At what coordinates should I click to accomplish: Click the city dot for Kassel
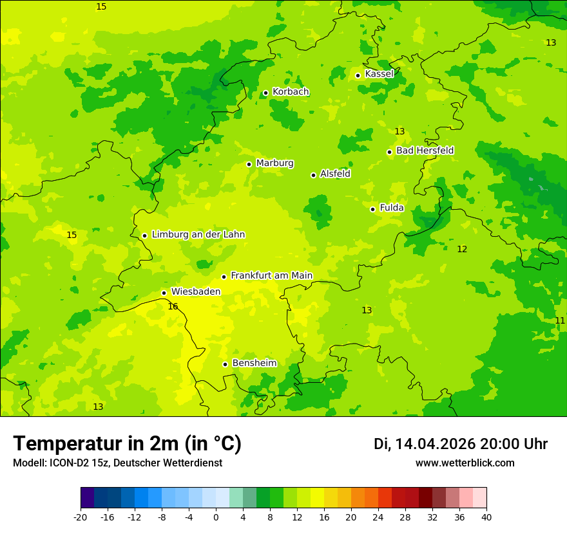point(358,75)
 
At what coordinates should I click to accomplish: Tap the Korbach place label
point(291,92)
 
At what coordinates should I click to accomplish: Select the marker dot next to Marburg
point(249,164)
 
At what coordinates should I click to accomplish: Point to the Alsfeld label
point(335,174)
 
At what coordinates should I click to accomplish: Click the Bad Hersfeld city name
point(425,151)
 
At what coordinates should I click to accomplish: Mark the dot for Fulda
point(372,209)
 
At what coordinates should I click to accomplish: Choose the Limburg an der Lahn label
point(198,235)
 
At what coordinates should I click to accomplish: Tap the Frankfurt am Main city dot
point(224,277)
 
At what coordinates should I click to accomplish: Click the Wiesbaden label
point(195,291)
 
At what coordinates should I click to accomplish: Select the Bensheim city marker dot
point(225,364)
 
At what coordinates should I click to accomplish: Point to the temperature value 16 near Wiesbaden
point(173,307)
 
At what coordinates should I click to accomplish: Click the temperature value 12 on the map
point(462,249)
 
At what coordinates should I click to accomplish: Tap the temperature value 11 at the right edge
point(560,320)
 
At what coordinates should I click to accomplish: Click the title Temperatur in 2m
point(127,443)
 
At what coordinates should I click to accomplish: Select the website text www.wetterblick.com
point(465,463)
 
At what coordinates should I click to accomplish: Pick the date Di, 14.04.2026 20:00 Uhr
point(461,444)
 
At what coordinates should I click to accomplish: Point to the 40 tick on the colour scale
point(486,517)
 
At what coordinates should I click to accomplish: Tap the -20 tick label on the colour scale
point(81,517)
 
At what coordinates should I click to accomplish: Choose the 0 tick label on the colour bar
point(216,517)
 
